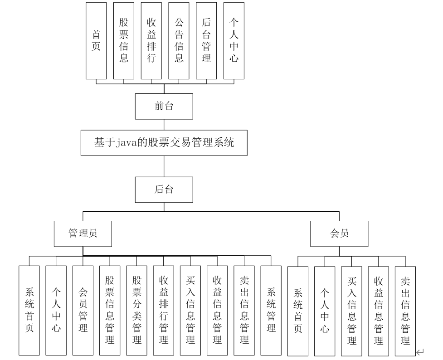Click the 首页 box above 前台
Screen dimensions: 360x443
click(96, 40)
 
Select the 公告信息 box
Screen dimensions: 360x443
click(179, 40)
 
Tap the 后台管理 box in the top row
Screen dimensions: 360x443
click(206, 40)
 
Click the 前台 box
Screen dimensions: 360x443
click(164, 107)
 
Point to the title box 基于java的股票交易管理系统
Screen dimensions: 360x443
click(164, 143)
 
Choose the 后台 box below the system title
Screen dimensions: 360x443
click(164, 190)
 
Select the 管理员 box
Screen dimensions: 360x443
click(83, 234)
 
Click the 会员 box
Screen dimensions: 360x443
click(339, 234)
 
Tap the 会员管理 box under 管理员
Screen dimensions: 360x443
click(83, 310)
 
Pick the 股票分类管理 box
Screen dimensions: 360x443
click(137, 310)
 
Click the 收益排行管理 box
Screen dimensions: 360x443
click(164, 310)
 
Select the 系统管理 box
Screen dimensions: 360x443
click(271, 310)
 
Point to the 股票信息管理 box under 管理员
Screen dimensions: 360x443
click(110, 310)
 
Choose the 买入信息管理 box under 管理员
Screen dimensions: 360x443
click(190, 310)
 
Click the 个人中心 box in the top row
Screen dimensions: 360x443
click(234, 40)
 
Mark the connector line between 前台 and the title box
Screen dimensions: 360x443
click(164, 125)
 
